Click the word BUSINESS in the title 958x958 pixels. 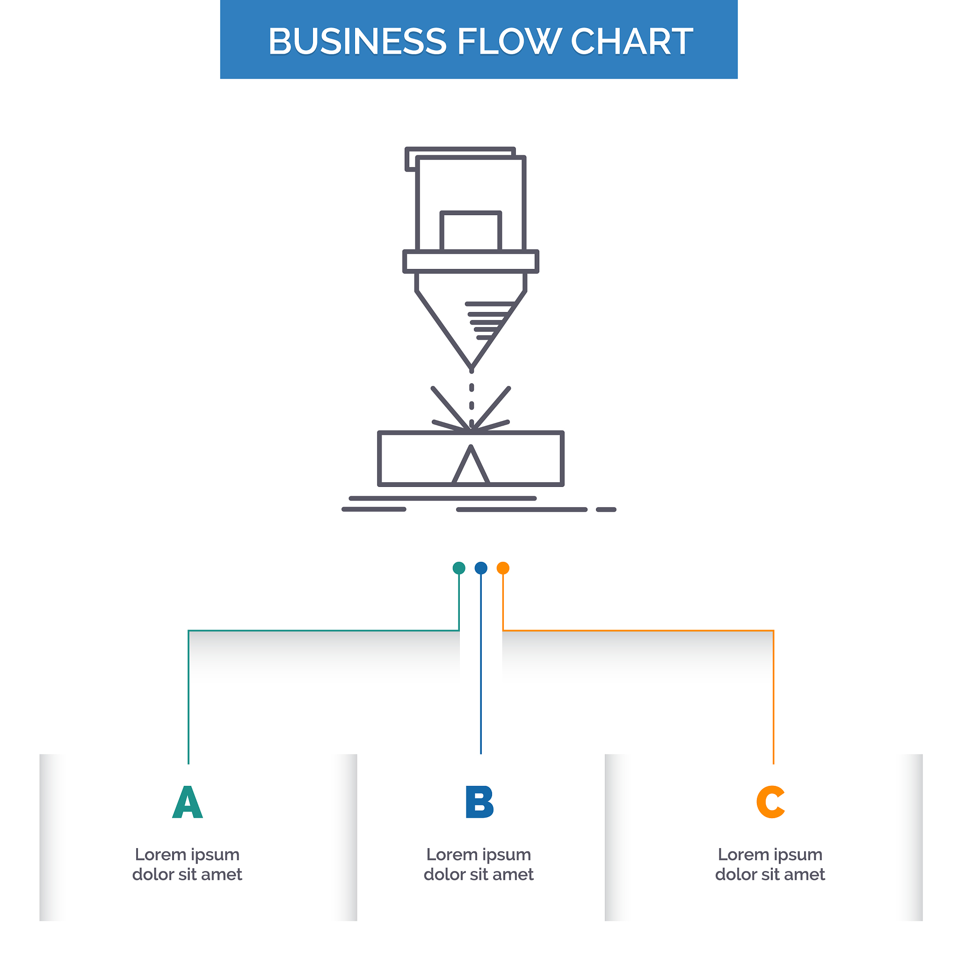tap(357, 41)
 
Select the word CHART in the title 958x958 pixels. tap(631, 41)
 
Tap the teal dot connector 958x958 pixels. tap(459, 568)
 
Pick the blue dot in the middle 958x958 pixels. tap(481, 568)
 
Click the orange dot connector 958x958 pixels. tap(503, 568)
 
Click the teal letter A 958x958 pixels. tap(188, 802)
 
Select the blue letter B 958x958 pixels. tap(479, 802)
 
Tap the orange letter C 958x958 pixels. tap(770, 802)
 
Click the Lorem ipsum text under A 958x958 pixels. tap(188, 865)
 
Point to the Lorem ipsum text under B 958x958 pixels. tap(479, 865)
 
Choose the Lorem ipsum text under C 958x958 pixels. tap(770, 865)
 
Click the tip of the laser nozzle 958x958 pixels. tap(472, 370)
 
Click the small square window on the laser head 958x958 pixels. tap(471, 231)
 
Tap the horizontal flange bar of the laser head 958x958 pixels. tap(471, 261)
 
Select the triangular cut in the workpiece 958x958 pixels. tap(471, 464)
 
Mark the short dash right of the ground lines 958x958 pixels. tap(606, 509)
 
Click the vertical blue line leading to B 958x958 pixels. tap(481, 664)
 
